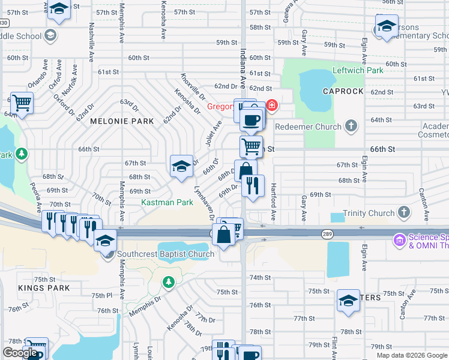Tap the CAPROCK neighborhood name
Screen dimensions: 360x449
(x=343, y=91)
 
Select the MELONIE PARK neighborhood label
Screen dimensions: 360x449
(x=122, y=121)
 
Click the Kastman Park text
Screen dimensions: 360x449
(x=167, y=203)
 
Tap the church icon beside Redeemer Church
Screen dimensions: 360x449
(x=351, y=127)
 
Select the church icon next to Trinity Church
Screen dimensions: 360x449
(x=404, y=212)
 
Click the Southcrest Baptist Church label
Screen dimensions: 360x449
(x=166, y=254)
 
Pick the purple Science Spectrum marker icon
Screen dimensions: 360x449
(x=399, y=241)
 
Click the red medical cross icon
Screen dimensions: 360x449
(x=272, y=106)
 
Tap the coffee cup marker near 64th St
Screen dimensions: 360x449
(x=251, y=119)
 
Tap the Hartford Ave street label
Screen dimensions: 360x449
(x=273, y=201)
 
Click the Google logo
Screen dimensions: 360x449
(x=20, y=353)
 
